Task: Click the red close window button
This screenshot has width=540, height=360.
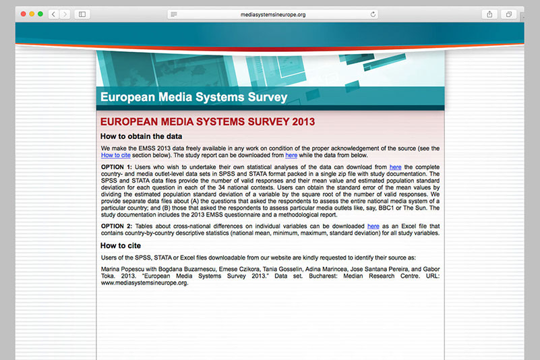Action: tap(21, 13)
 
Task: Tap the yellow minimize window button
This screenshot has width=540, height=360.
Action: tap(30, 13)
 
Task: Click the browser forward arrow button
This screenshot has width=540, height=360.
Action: tap(64, 13)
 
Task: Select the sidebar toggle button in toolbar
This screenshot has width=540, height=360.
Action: tap(82, 13)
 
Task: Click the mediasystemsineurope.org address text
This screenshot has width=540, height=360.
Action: tap(272, 13)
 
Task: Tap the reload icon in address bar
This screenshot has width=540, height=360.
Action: tap(373, 13)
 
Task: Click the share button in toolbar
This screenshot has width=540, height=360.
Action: tap(490, 13)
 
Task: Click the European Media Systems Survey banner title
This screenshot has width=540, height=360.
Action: tap(193, 97)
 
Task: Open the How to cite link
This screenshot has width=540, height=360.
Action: tap(115, 155)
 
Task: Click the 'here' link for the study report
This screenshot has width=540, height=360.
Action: tap(291, 155)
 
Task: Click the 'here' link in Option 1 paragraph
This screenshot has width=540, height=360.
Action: tap(395, 167)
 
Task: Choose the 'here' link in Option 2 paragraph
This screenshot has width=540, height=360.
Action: tap(373, 226)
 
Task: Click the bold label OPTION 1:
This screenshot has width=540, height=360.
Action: tap(117, 167)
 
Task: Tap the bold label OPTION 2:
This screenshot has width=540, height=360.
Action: tap(117, 226)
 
